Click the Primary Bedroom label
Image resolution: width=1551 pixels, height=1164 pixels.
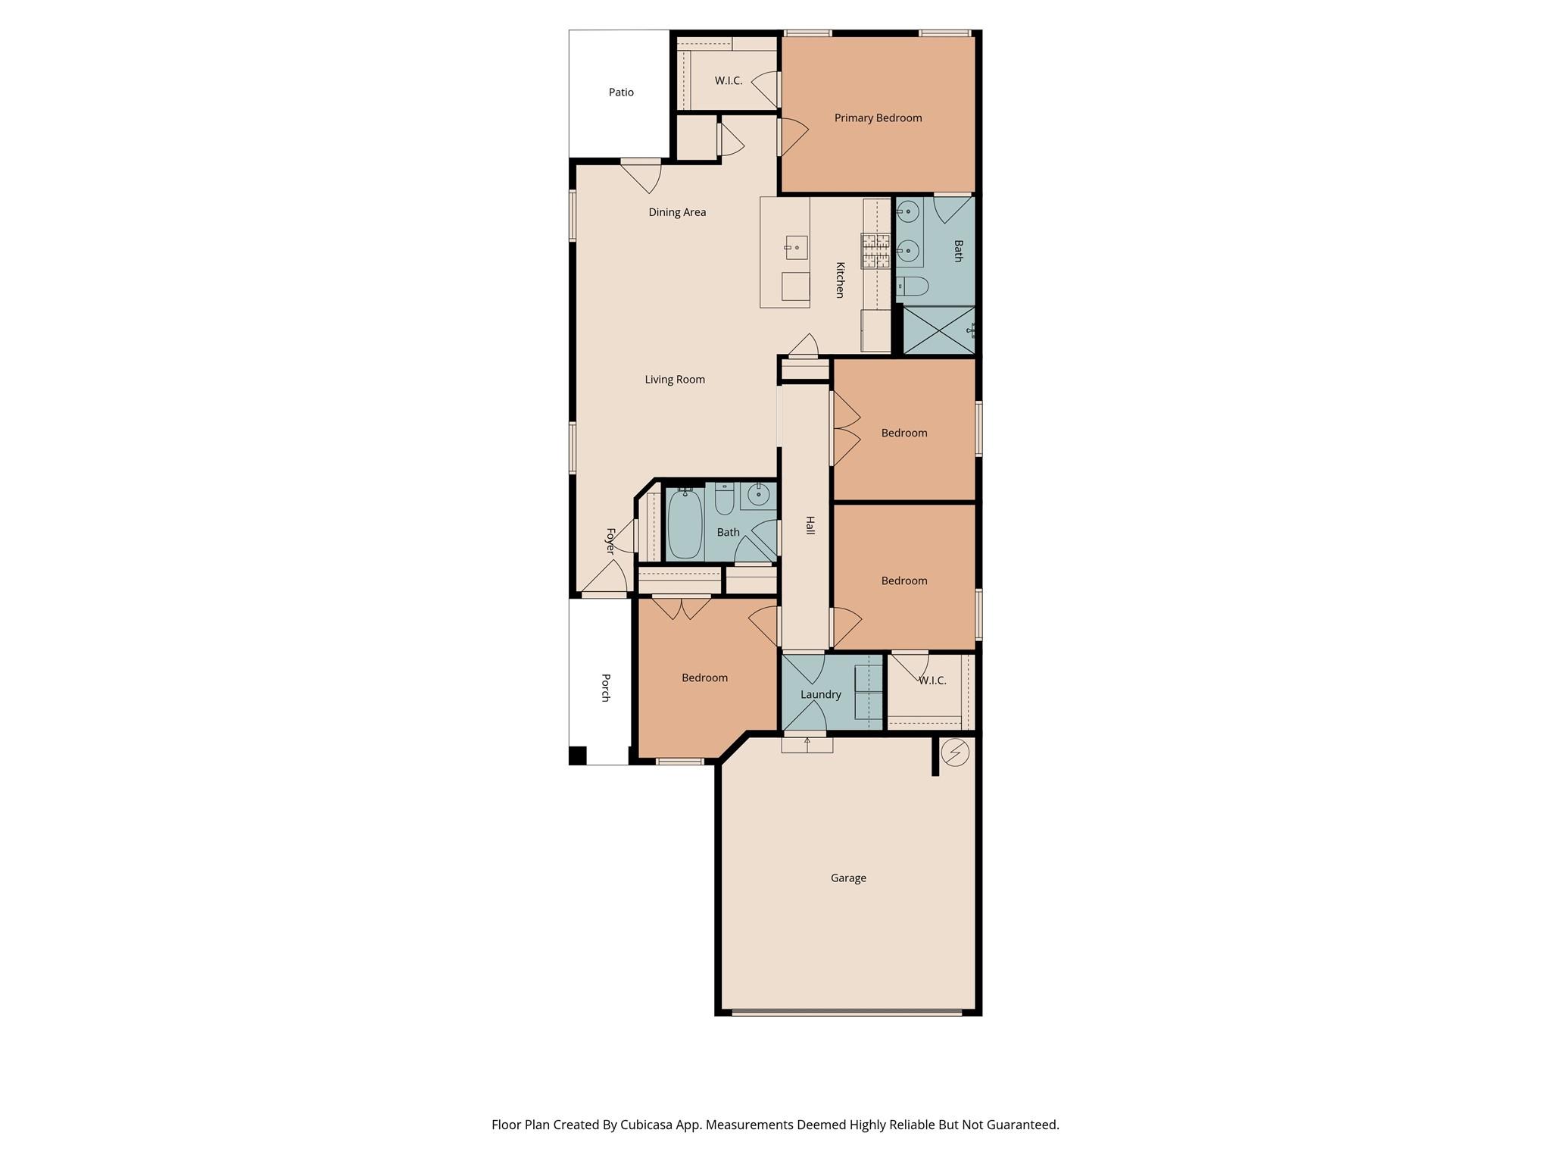[x=878, y=118]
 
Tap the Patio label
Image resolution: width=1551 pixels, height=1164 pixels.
[x=621, y=92]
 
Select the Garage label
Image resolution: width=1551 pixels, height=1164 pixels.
[x=848, y=878]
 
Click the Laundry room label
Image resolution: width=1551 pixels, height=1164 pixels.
[x=820, y=695]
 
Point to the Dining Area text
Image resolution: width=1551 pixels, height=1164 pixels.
[x=677, y=212]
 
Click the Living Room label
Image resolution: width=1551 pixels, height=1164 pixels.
[x=675, y=380]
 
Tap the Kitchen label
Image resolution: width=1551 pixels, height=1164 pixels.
[x=840, y=280]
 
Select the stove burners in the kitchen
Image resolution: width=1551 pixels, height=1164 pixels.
[x=875, y=252]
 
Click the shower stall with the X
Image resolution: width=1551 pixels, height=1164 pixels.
[x=938, y=330]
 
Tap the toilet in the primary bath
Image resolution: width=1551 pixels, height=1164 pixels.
[x=913, y=286]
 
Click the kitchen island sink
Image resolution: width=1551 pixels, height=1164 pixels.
[x=795, y=247]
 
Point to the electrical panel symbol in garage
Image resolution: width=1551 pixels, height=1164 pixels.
[x=955, y=753]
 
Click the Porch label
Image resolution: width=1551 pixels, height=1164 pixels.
[x=605, y=687]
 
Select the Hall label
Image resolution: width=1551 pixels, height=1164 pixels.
[x=810, y=525]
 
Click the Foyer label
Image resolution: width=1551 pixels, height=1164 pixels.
[x=610, y=541]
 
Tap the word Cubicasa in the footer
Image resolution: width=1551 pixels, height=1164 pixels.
[x=649, y=1125]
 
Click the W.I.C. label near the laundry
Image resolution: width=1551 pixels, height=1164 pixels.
[x=932, y=681]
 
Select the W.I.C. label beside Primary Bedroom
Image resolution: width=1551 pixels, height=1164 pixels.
[x=728, y=81]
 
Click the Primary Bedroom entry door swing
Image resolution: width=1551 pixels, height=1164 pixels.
[x=794, y=136]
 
